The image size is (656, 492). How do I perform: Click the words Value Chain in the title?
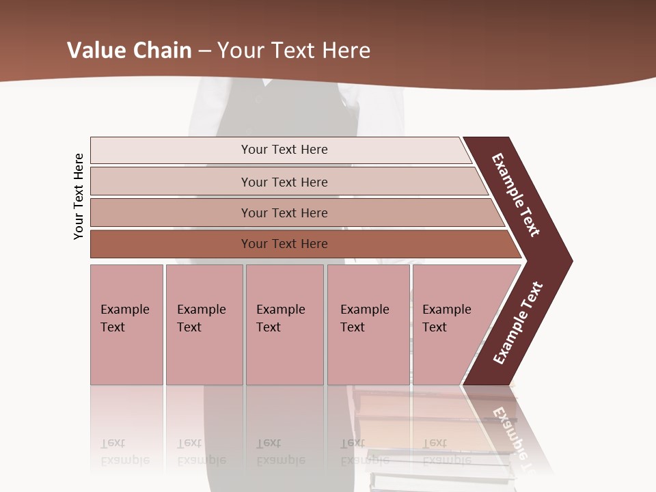click(x=129, y=50)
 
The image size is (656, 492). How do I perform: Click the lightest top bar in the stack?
click(x=284, y=150)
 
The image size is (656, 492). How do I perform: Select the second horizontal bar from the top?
click(x=284, y=182)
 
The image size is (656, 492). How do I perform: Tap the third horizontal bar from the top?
click(x=284, y=213)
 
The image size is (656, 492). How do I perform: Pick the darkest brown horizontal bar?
click(x=284, y=244)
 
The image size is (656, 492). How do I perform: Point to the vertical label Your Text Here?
click(x=79, y=196)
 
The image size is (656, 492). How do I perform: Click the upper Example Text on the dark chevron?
click(x=516, y=195)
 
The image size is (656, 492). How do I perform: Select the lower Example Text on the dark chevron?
click(x=518, y=323)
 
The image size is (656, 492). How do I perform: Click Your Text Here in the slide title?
click(x=294, y=50)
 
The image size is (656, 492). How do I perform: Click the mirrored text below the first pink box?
click(x=124, y=452)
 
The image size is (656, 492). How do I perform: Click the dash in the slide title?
click(x=204, y=50)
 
